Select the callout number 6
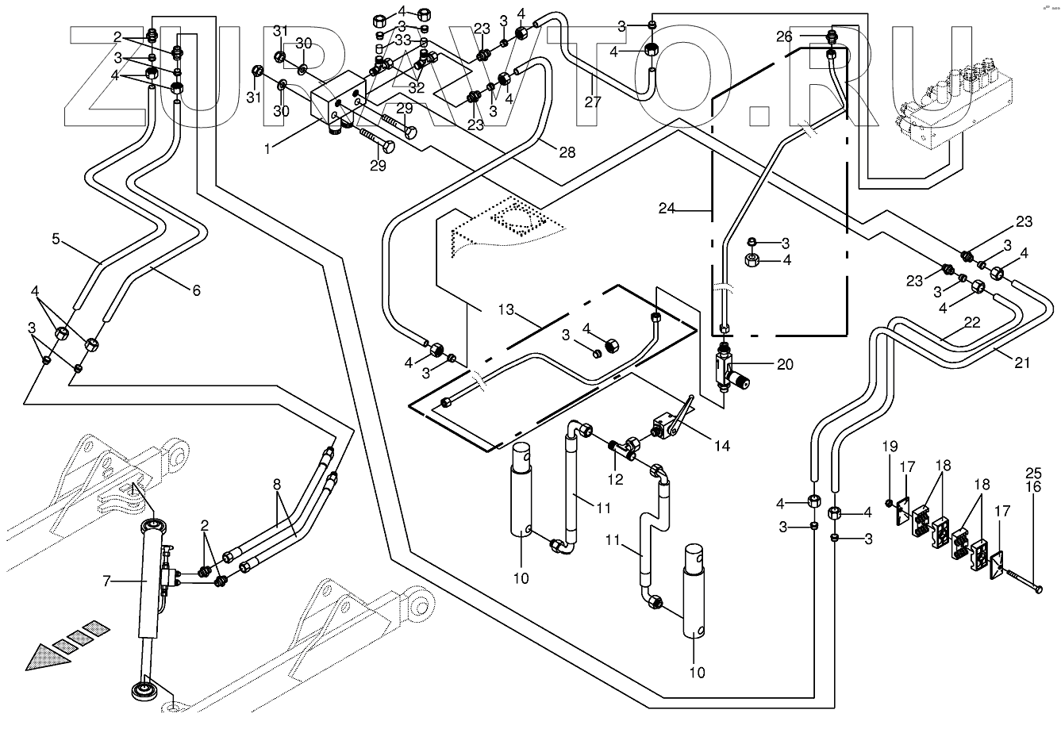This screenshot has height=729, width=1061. (195, 290)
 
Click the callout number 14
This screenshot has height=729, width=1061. (721, 446)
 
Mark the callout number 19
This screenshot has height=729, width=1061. (888, 468)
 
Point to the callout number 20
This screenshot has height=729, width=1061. (784, 364)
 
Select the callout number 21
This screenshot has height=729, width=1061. (1021, 363)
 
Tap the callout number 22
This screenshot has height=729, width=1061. (972, 323)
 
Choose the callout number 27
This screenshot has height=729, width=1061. (593, 102)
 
